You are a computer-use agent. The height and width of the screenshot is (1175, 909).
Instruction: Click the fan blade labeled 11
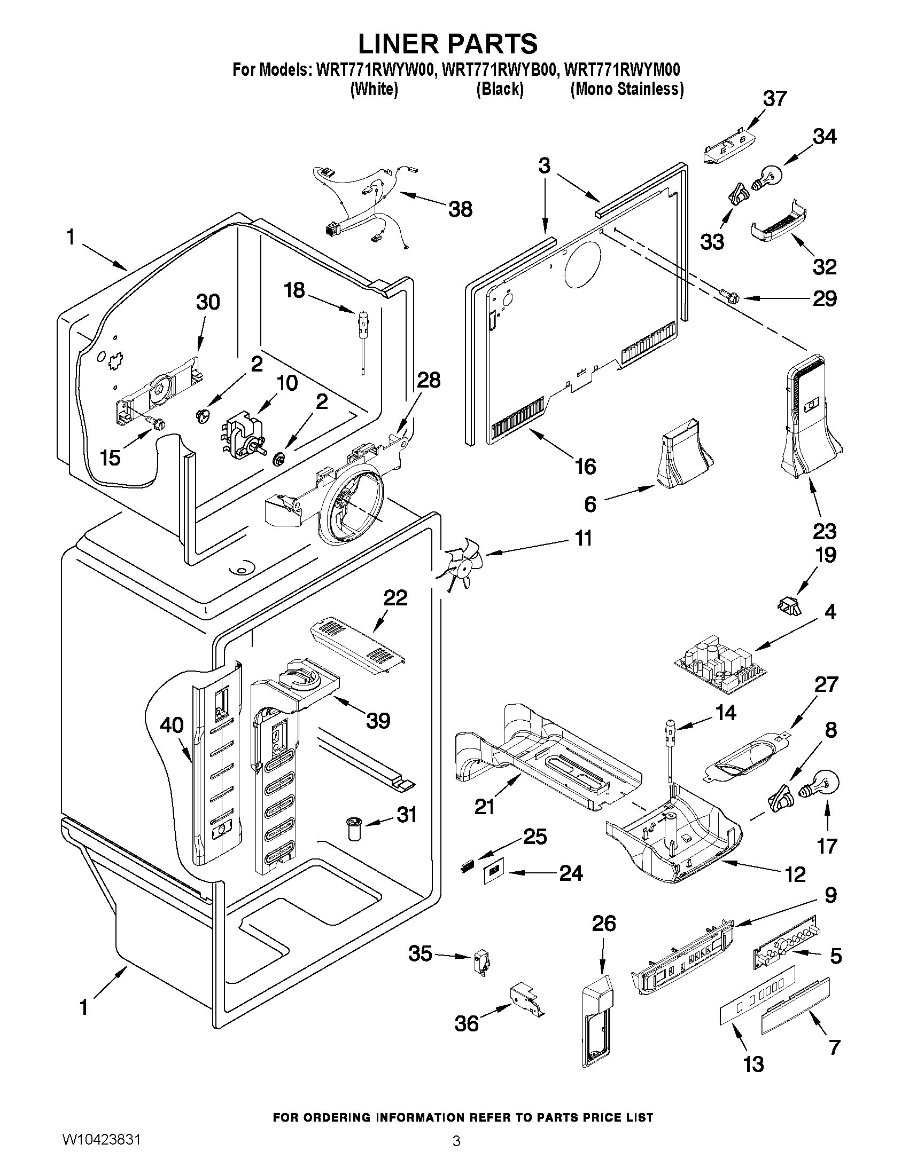[462, 565]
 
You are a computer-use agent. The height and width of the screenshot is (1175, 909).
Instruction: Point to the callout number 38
[461, 209]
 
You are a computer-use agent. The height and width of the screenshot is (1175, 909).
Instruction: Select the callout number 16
[585, 467]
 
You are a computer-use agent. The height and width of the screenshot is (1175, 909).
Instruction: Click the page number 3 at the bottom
[456, 1156]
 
